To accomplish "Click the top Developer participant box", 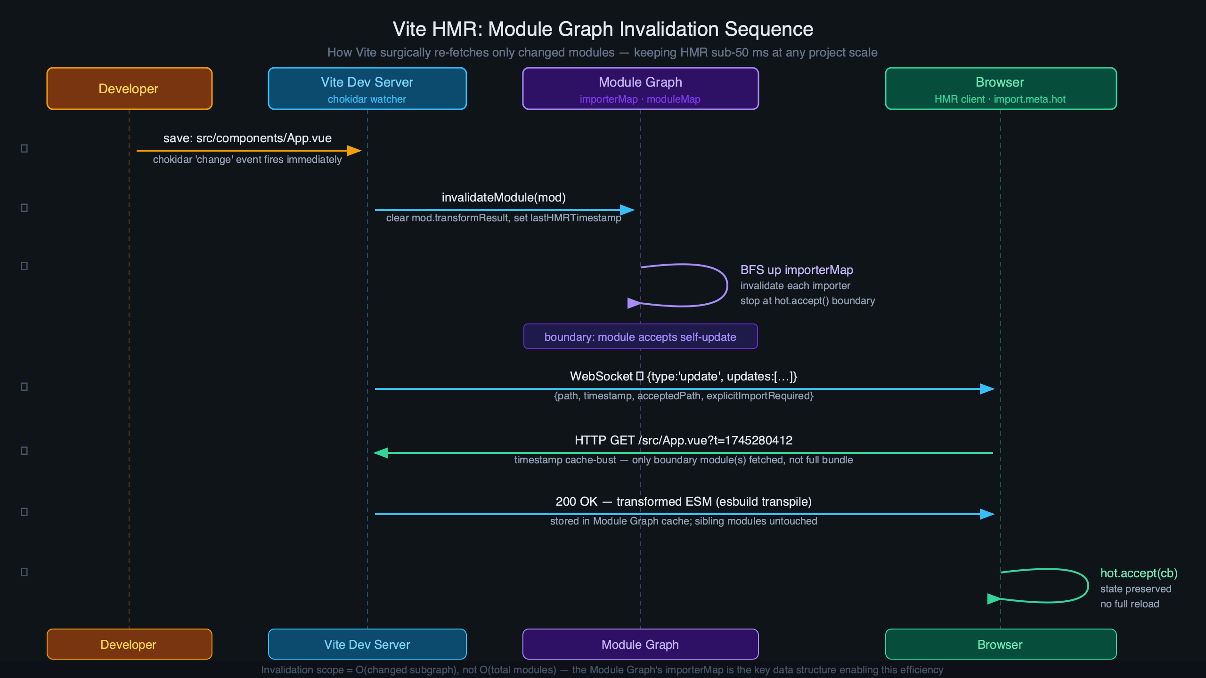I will (129, 89).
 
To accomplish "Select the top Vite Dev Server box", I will (367, 89).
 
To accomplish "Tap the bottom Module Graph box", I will (640, 644).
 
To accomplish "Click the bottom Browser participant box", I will (1000, 644).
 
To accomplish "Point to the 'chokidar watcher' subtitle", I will (367, 99).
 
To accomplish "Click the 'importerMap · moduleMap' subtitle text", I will (640, 99).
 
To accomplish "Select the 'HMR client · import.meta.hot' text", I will (1000, 99).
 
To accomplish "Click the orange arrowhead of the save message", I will (354, 151).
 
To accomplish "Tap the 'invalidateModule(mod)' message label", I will (504, 197).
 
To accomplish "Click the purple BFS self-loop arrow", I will (726, 285).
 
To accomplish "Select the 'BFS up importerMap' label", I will (797, 270).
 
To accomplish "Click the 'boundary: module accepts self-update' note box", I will (640, 337).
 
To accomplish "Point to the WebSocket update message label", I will (683, 376).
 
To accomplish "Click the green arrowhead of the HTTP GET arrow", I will (381, 453).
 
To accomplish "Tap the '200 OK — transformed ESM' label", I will (683, 501).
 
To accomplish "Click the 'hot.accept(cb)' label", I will (1139, 573).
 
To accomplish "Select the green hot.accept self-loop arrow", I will (1087, 586).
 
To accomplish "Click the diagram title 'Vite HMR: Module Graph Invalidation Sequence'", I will (603, 29).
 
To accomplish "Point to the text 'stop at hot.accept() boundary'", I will (807, 301).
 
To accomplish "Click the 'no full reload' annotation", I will (1129, 604).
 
